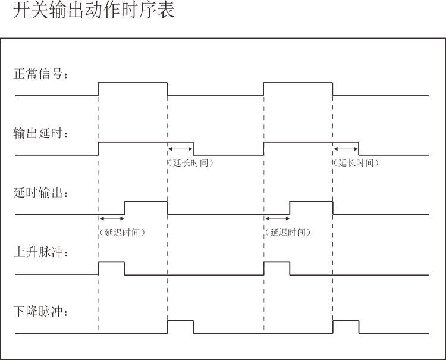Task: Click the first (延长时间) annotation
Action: (190, 162)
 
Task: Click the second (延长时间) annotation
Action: (356, 162)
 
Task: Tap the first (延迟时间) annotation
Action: (122, 233)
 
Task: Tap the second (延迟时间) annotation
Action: (288, 233)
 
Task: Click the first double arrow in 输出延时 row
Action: (180, 149)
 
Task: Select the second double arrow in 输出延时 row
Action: (346, 149)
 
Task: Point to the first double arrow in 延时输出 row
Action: (111, 219)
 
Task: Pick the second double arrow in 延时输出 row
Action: (277, 219)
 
